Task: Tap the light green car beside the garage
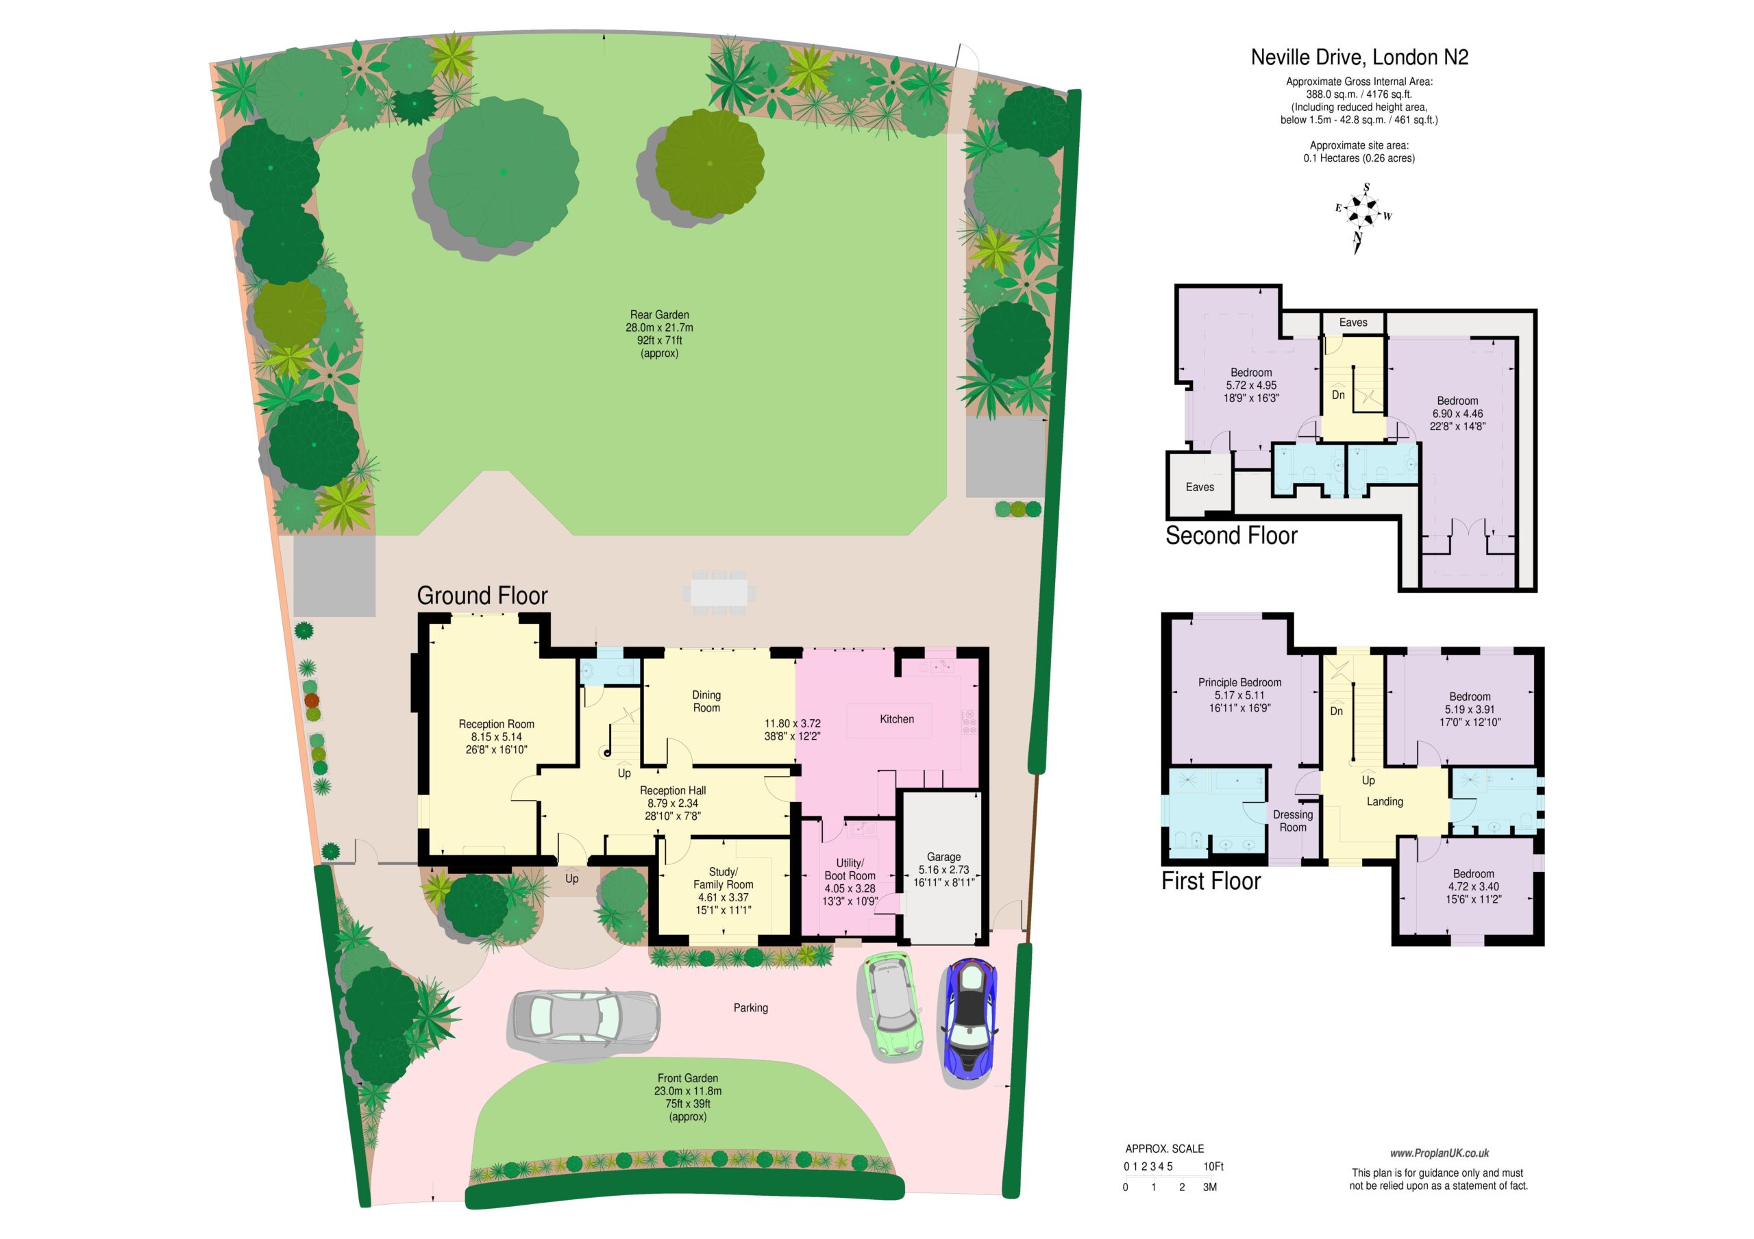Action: tap(892, 1005)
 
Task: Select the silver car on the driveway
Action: tap(584, 1016)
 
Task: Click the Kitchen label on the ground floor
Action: tap(897, 718)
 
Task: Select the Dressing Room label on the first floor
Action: tap(1293, 821)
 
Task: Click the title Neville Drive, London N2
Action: tap(1359, 58)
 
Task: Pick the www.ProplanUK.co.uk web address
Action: tap(1440, 1153)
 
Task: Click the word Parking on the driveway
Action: tap(751, 1008)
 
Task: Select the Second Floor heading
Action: tap(1231, 536)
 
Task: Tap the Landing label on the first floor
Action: tap(1385, 801)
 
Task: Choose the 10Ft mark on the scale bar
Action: tap(1213, 1166)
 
